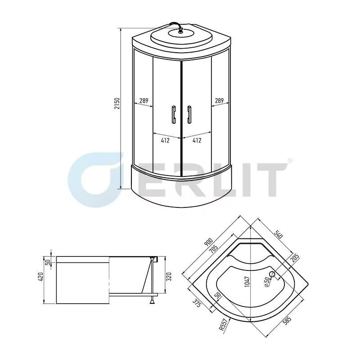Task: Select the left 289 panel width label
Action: click(x=144, y=101)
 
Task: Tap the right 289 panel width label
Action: click(x=219, y=101)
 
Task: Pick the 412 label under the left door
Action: click(x=165, y=140)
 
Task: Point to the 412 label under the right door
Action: click(x=197, y=140)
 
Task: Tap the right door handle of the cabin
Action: click(x=189, y=113)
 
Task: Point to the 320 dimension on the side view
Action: click(x=168, y=275)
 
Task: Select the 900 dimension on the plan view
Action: click(x=208, y=243)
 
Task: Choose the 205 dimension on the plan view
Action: click(x=295, y=258)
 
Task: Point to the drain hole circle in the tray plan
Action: click(x=272, y=274)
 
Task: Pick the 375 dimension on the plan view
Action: click(x=197, y=305)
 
